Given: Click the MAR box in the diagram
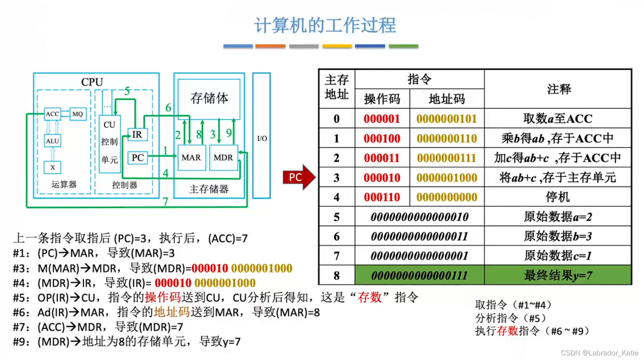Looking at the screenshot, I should click(x=191, y=157).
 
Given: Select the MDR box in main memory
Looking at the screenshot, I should click(x=223, y=157).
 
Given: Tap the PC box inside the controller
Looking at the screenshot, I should click(x=137, y=158).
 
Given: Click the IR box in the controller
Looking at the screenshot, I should click(x=137, y=135).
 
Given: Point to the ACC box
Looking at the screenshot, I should click(x=52, y=114).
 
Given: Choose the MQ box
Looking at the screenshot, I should click(x=77, y=114).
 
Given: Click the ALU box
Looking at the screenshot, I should click(x=52, y=141).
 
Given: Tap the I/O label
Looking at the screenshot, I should click(x=262, y=138).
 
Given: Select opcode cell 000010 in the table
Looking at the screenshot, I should click(x=382, y=177).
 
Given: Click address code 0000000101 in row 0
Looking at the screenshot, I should click(x=447, y=119).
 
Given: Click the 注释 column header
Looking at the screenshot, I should click(x=558, y=89).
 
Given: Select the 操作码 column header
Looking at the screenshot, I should click(x=382, y=99).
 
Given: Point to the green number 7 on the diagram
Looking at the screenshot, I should click(x=166, y=202).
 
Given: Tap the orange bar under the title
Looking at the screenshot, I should click(x=270, y=46).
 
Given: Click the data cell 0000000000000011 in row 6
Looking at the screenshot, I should click(x=419, y=236).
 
